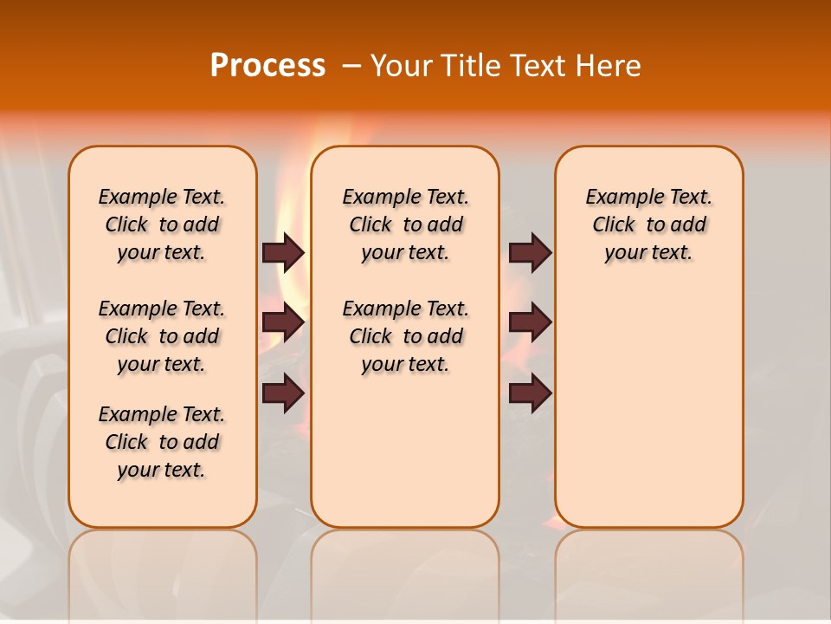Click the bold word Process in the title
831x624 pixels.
coord(267,66)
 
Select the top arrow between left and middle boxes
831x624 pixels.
coord(283,252)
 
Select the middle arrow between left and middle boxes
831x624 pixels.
coord(283,323)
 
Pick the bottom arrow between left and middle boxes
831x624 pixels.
coord(283,393)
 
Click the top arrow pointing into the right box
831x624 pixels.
coord(530,252)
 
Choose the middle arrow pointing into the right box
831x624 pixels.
coord(530,323)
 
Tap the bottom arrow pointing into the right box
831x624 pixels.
coord(530,393)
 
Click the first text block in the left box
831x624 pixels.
coord(162,224)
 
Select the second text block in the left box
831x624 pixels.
coord(162,336)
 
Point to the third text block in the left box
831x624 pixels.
coord(162,442)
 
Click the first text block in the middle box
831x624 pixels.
coord(405,224)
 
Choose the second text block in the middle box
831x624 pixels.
coord(405,336)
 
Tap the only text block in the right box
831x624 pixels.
coord(648,224)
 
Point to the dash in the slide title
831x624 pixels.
coord(351,66)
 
